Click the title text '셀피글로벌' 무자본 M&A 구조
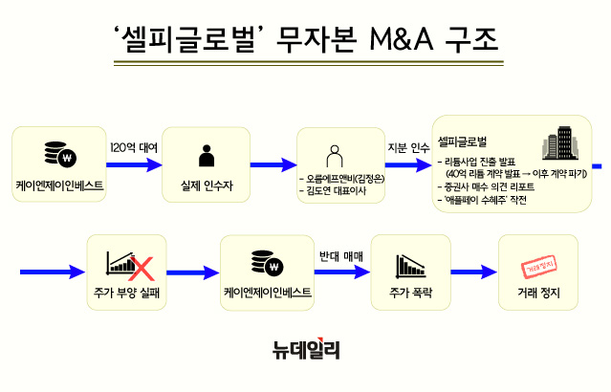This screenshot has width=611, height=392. pos(305,43)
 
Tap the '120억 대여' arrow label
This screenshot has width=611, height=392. pos(134,147)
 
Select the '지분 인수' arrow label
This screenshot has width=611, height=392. pos(408,147)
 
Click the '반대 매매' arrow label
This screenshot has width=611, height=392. pos(342,256)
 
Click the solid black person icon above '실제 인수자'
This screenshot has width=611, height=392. pos(205,154)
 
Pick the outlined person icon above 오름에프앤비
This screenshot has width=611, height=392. pos(335,154)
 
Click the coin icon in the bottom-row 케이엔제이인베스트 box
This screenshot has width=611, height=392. pos(262,260)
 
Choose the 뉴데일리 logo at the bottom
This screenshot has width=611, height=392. pos(305,351)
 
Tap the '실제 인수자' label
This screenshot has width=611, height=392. pos(205,183)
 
